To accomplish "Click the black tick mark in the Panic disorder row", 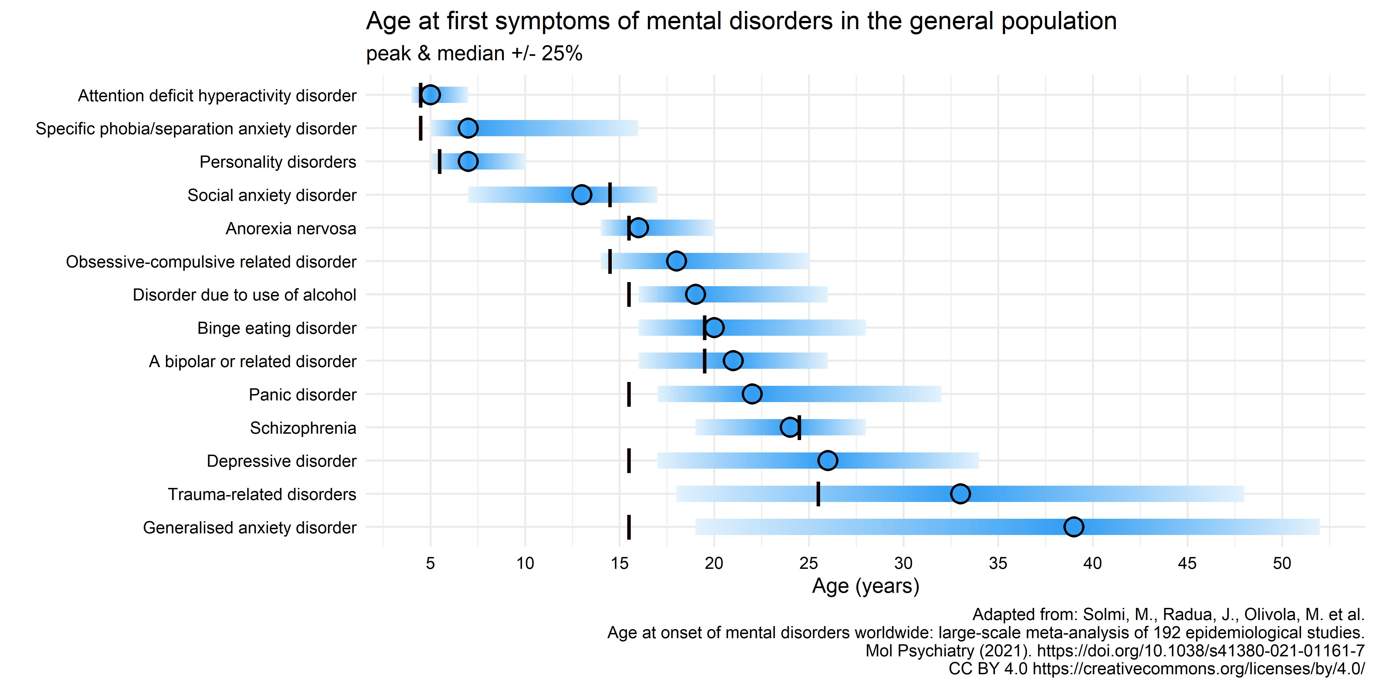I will coord(629,394).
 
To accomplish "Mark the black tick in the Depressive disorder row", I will coord(629,460).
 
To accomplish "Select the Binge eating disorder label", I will coord(277,328).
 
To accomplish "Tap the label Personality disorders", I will coord(278,162).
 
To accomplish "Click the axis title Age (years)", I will coord(865,586).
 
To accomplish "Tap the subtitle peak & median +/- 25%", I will coord(474,53).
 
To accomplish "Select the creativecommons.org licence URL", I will coord(1198,669).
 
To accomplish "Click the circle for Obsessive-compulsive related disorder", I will coord(676,261).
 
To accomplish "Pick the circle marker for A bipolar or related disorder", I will coord(733,361).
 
